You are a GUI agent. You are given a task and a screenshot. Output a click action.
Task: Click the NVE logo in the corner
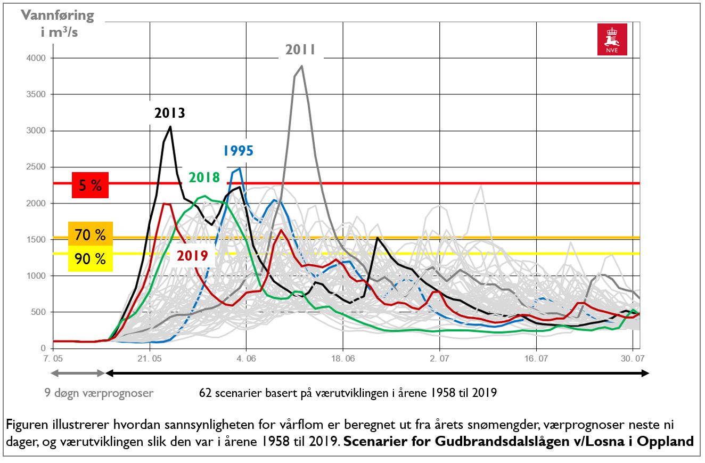[612, 40]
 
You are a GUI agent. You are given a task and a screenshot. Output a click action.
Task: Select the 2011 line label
[300, 50]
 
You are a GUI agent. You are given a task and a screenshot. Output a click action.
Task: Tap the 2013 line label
[170, 113]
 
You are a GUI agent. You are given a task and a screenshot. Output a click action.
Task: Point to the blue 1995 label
[238, 151]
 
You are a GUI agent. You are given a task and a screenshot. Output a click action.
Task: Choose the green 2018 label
[204, 177]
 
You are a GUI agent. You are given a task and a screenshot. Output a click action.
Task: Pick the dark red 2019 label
[192, 255]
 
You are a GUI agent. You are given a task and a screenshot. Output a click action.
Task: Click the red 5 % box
[91, 185]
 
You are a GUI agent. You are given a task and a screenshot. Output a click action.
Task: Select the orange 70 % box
[91, 234]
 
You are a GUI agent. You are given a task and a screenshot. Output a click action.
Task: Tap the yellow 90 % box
[91, 259]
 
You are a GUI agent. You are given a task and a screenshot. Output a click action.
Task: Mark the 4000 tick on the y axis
[32, 58]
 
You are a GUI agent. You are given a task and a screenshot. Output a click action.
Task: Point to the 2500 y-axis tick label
[32, 167]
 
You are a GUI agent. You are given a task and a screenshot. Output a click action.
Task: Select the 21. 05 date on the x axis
[150, 360]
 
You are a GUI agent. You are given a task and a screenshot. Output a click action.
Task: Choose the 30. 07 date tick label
[632, 360]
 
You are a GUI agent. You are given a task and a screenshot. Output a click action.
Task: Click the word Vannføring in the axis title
[58, 15]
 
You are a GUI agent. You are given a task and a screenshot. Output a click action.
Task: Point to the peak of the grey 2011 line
[302, 66]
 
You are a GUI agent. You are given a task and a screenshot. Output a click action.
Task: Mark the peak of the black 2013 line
[170, 126]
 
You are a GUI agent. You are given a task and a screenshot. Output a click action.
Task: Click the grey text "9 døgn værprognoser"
[99, 393]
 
